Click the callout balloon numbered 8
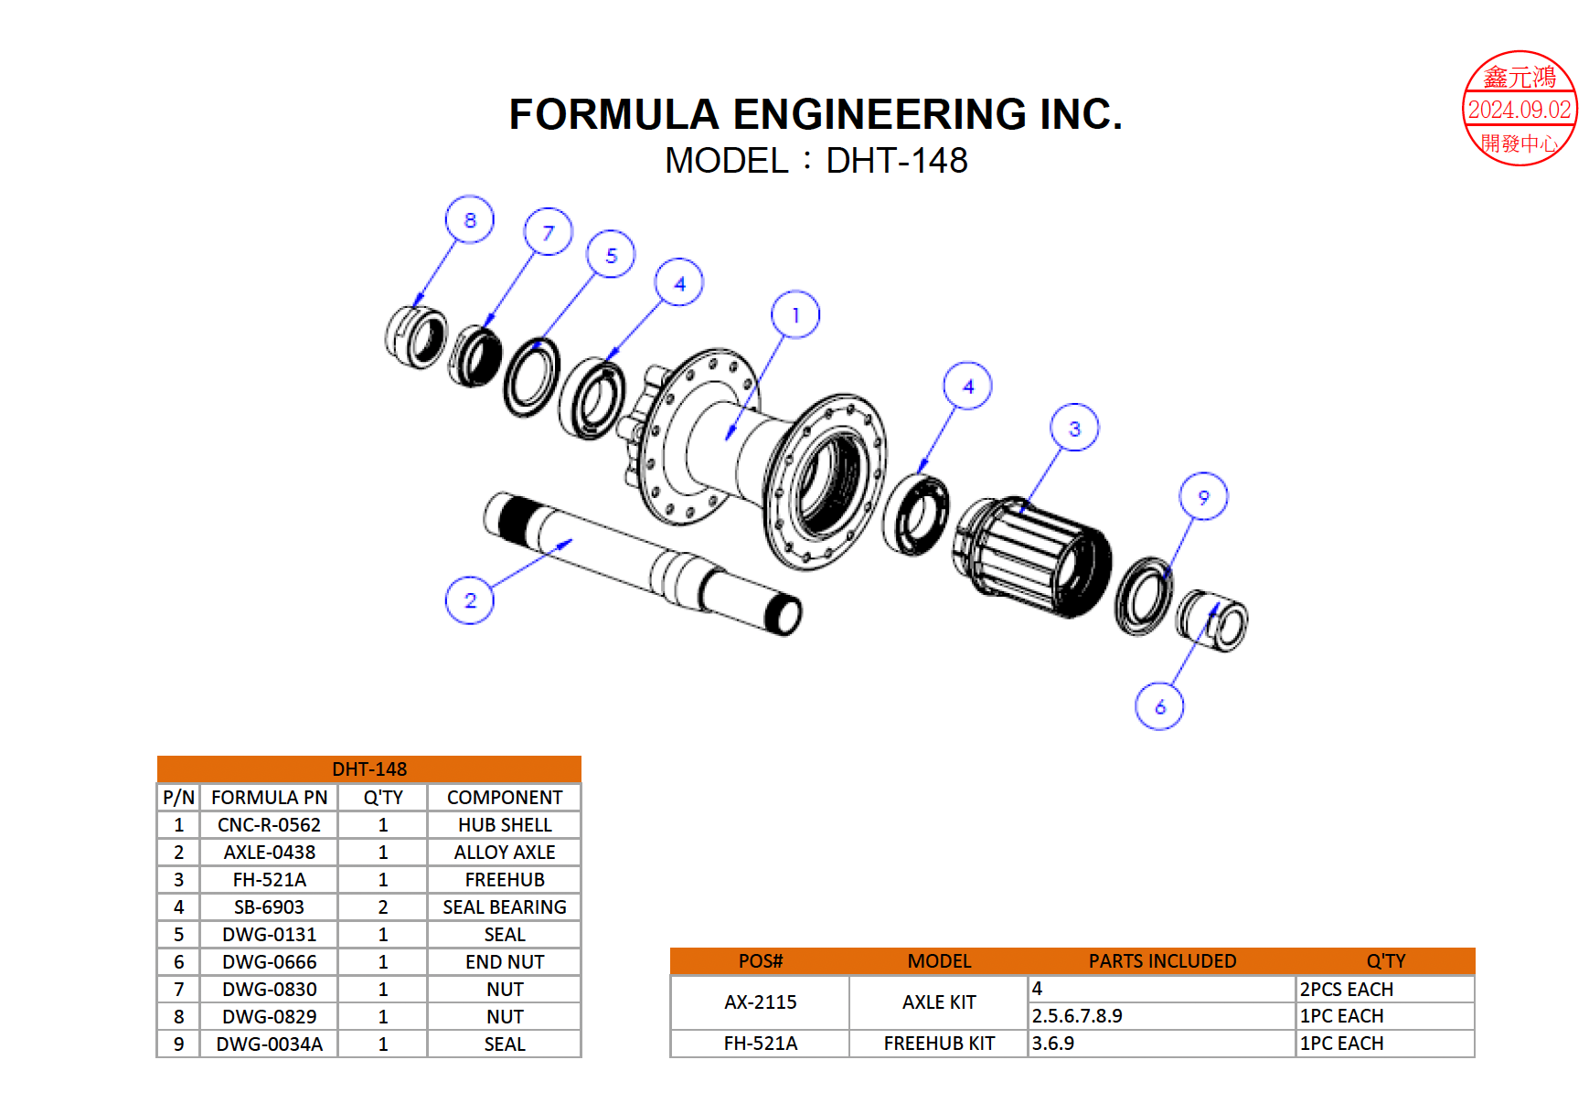coord(469,219)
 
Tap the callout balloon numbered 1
coord(794,314)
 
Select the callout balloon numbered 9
coord(1202,496)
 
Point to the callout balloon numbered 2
coord(469,600)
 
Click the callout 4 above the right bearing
coord(967,386)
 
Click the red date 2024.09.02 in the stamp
coord(1519,110)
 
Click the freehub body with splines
coord(1033,557)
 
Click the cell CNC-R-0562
coord(269,824)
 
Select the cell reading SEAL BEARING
coord(504,906)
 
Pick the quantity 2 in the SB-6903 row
coord(382,906)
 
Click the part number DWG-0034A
coord(269,1044)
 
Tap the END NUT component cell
coord(504,961)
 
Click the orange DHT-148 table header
coord(368,768)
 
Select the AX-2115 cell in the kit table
coord(760,1002)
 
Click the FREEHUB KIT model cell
coord(938,1043)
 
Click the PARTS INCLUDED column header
coord(1161,960)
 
